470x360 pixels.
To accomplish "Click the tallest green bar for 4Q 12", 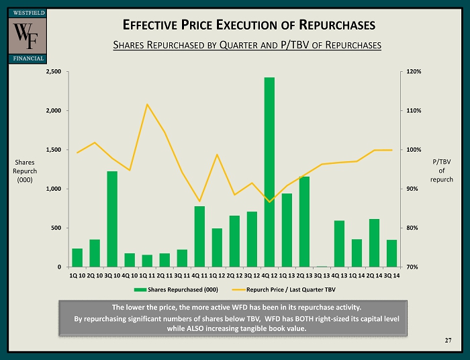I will coord(269,172).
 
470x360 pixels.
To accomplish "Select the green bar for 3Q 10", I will coord(112,219).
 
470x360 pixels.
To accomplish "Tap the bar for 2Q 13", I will coord(304,222).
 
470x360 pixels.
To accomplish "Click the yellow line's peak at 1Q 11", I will coord(147,104).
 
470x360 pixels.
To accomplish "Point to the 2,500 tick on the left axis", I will coord(53,71).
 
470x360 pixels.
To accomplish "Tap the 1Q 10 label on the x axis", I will coord(77,275).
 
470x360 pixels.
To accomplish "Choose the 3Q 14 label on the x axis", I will coord(391,275).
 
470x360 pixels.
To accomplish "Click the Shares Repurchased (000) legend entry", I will coord(176,289).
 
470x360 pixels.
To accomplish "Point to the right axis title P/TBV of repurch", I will coord(441,171).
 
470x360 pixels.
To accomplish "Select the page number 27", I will coord(448,341).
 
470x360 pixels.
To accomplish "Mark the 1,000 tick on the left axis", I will coord(53,189).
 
